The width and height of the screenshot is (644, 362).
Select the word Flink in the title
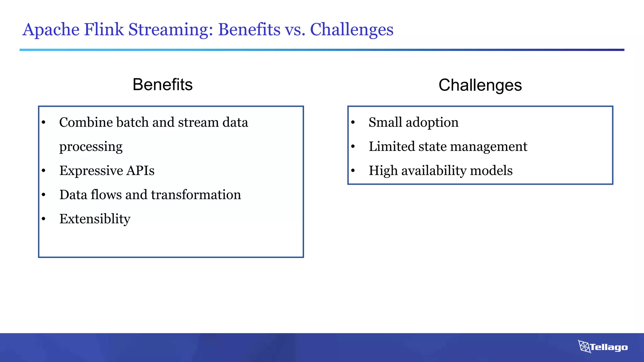coord(104,30)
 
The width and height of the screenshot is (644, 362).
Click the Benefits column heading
coord(163,85)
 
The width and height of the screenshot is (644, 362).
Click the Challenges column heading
coord(480,85)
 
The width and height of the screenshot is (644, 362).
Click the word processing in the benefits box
coord(91,147)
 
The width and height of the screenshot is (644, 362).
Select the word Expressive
coord(91,171)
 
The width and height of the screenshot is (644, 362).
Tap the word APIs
coord(140,171)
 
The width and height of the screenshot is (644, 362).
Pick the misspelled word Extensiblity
coord(95,219)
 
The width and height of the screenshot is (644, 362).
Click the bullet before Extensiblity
coord(44,219)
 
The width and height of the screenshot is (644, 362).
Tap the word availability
coord(434,171)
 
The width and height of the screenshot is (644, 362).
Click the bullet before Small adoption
coord(353,123)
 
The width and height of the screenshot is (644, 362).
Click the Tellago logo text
coord(609,347)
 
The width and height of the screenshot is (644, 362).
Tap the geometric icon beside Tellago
coord(584,346)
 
